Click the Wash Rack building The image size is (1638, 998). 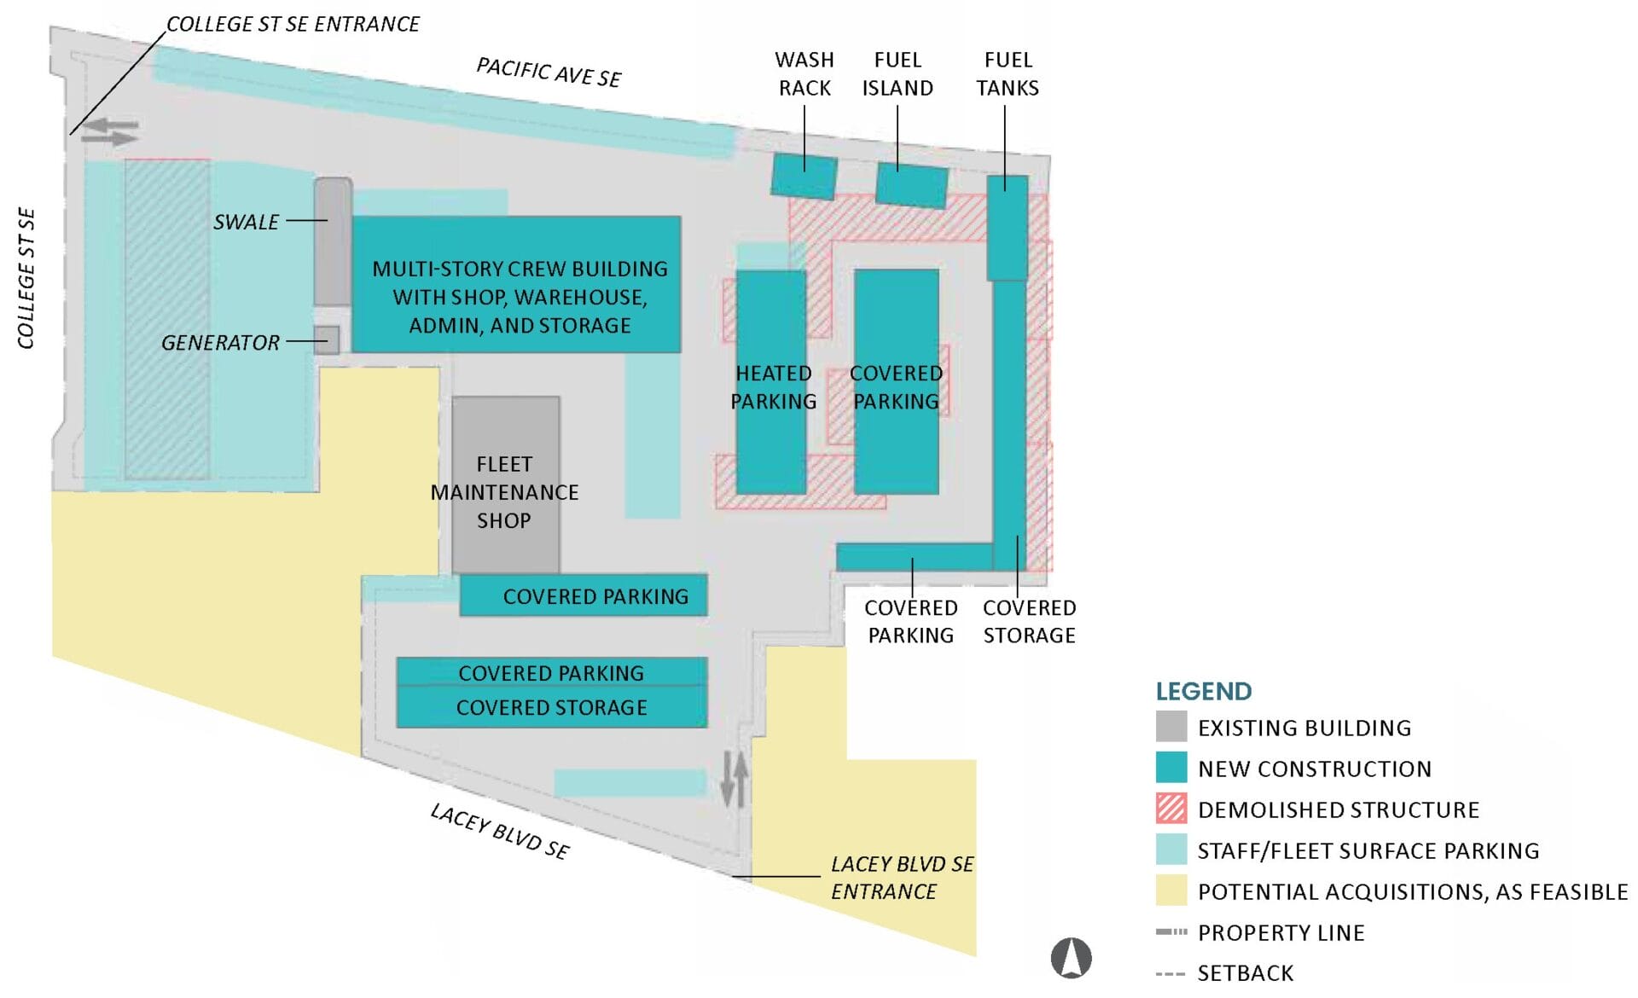tap(804, 176)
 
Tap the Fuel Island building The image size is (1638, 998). tap(911, 185)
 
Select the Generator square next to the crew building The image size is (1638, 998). tap(326, 340)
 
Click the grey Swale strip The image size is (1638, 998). tap(333, 241)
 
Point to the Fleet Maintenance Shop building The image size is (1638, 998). tap(506, 484)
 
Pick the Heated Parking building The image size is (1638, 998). tap(771, 382)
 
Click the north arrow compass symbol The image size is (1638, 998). tap(1071, 957)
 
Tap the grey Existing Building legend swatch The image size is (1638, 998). tap(1170, 727)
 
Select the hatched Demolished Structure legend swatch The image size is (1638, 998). tap(1170, 809)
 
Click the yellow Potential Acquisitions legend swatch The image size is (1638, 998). tap(1170, 891)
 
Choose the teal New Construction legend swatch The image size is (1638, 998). tap(1170, 768)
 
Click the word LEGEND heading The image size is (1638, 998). tap(1203, 691)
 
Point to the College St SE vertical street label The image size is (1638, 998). tap(26, 278)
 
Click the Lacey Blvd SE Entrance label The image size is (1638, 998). tap(901, 877)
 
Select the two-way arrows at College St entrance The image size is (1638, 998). tap(110, 132)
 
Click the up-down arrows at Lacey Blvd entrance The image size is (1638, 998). tap(735, 779)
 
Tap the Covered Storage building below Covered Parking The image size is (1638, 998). tap(551, 708)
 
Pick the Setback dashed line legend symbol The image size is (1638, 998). tap(1170, 973)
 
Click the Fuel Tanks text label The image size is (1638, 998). tap(1008, 74)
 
